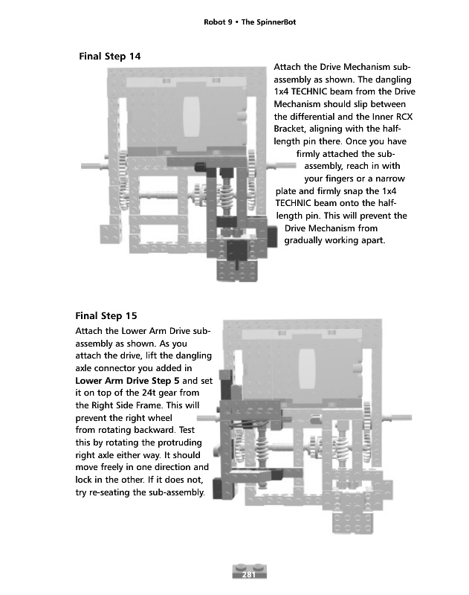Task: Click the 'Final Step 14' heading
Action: (110, 57)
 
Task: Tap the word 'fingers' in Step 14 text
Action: (340, 178)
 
